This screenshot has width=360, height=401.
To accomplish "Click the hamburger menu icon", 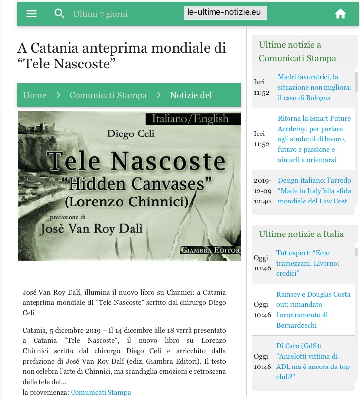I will point(32,14).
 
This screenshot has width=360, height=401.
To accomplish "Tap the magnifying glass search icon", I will point(60,14).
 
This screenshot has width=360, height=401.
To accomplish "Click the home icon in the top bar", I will point(340,14).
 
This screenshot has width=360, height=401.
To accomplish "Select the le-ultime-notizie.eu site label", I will point(225,13).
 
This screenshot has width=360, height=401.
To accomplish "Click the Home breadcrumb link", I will point(35,95).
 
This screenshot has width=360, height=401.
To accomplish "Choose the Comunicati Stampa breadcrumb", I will point(108,95).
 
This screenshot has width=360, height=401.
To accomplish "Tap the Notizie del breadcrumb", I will point(190,95).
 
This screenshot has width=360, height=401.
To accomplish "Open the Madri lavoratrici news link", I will point(314,87).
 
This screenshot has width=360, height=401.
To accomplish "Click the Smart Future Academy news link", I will point(314,139).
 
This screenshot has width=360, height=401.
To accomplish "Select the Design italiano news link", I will point(314,191).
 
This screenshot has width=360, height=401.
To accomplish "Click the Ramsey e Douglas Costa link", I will point(313,309).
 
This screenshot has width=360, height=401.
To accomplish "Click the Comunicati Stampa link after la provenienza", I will point(101,392).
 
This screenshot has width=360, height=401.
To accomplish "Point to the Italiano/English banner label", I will point(190,119).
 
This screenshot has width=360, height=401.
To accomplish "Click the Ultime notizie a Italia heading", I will point(301,234).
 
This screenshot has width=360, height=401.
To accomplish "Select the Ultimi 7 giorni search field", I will point(101,14).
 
